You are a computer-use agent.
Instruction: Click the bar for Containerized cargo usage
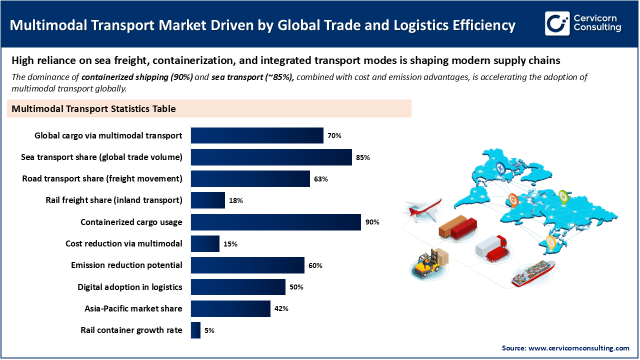275,222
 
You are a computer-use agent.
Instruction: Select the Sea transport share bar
271,157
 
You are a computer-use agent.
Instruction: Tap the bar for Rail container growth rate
195,330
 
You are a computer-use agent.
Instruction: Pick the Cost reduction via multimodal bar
205,243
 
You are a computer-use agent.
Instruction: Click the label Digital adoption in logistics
130,287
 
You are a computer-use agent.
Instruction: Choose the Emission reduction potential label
126,265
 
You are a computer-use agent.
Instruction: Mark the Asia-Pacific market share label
133,308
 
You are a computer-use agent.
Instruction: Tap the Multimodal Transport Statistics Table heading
93,108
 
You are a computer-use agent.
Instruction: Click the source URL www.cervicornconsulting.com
579,348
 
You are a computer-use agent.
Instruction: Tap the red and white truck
491,248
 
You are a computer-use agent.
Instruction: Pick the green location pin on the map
563,196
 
